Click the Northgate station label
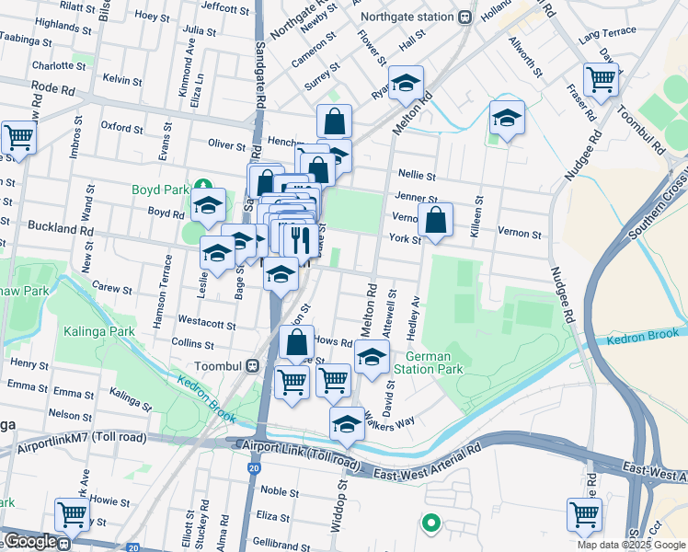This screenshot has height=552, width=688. (410, 17)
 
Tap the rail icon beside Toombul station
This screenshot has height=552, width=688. (251, 365)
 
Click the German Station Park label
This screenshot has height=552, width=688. (427, 362)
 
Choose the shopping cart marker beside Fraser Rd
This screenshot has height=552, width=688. (601, 80)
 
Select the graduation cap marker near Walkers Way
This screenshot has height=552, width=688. (347, 423)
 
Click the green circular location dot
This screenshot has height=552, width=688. (429, 524)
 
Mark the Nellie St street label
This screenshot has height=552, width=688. (417, 174)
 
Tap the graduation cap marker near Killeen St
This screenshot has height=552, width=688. (506, 118)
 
